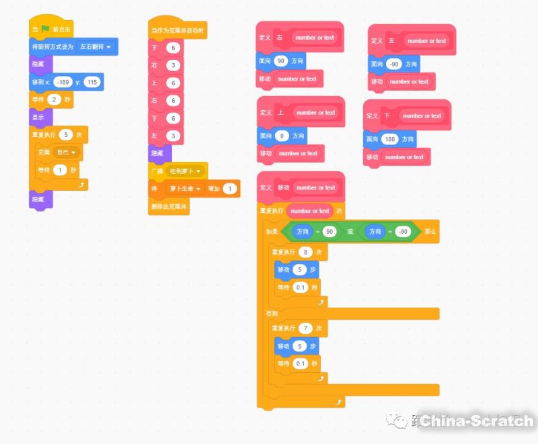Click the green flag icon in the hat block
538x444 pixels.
pyautogui.click(x=46, y=30)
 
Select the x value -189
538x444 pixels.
pyautogui.click(x=63, y=82)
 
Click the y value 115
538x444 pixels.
pyautogui.click(x=92, y=82)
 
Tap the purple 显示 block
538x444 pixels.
pyautogui.click(x=38, y=117)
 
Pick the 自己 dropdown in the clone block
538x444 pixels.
pyautogui.click(x=69, y=152)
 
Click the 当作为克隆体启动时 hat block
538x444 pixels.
pyautogui.click(x=178, y=31)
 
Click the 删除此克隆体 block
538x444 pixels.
pyautogui.click(x=169, y=207)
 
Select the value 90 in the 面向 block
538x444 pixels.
pyautogui.click(x=281, y=61)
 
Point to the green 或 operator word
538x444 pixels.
pyautogui.click(x=350, y=232)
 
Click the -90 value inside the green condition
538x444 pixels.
pyautogui.click(x=402, y=232)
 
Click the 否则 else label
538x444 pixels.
pyautogui.click(x=272, y=314)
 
